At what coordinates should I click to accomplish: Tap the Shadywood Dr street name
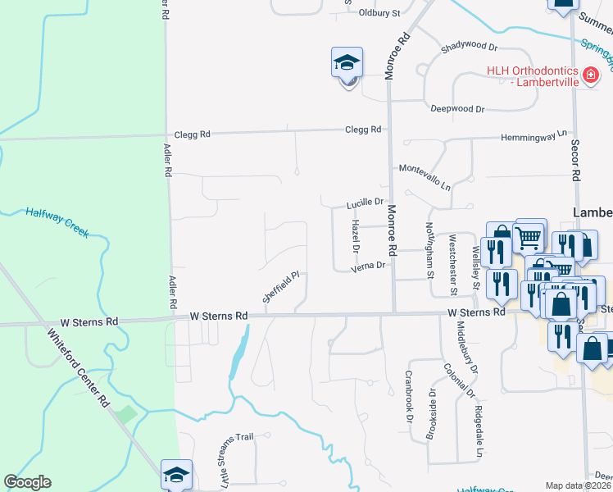[469, 48]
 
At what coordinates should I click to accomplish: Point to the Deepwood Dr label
[457, 108]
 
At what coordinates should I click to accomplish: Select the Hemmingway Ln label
[534, 134]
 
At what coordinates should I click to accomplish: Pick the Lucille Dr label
[365, 202]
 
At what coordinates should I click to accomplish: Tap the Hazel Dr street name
[356, 235]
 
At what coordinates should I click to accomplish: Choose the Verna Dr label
[367, 266]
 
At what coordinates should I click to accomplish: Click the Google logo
[27, 482]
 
